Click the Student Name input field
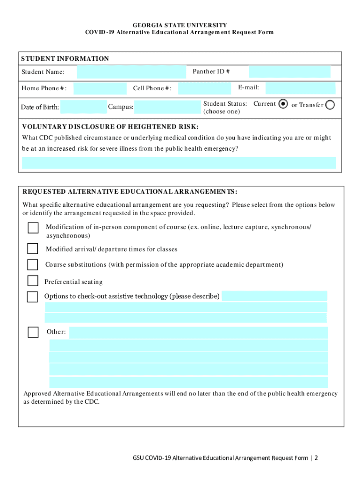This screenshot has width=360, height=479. (x=131, y=72)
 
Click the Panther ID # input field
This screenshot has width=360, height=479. (x=289, y=72)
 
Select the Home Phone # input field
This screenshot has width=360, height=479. (x=100, y=88)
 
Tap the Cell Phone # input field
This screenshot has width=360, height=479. (x=205, y=88)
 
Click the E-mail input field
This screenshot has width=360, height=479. (x=300, y=88)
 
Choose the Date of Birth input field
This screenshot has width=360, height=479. (x=84, y=107)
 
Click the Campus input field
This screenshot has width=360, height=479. (x=167, y=107)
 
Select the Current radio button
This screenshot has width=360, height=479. (x=283, y=104)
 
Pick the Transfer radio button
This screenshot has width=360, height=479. (x=330, y=105)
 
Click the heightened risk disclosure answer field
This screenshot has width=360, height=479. (x=179, y=163)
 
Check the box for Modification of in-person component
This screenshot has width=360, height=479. (x=33, y=228)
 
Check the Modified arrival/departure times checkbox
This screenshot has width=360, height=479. (x=33, y=248)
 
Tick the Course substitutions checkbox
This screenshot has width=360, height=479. (x=33, y=265)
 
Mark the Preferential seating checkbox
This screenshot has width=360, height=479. (x=33, y=281)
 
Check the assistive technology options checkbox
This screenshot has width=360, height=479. (x=33, y=297)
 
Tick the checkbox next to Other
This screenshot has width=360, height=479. (x=33, y=332)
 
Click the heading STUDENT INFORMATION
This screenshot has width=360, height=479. (x=65, y=58)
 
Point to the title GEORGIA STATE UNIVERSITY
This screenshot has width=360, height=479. (x=180, y=25)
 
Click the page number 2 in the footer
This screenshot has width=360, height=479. (x=317, y=457)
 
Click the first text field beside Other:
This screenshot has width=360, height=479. (x=198, y=333)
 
